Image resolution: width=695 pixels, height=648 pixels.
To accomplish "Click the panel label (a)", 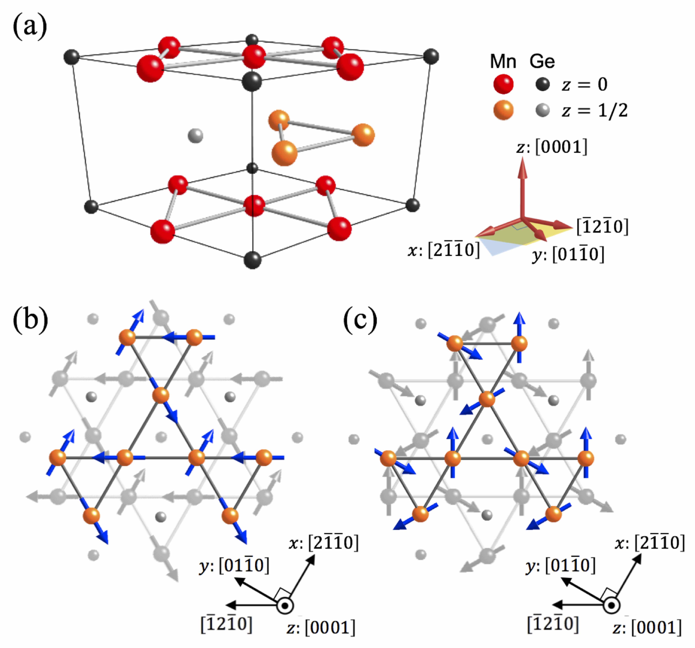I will tap(30, 27).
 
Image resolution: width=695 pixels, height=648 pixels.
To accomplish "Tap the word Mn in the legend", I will tap(503, 62).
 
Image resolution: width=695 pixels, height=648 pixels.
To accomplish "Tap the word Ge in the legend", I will tap(542, 62).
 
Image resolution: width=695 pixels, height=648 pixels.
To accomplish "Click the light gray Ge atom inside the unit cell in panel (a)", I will tap(195, 136).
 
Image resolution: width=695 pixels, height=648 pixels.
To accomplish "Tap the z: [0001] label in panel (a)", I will tap(552, 147).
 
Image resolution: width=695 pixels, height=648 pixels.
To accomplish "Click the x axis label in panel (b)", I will tap(323, 543).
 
